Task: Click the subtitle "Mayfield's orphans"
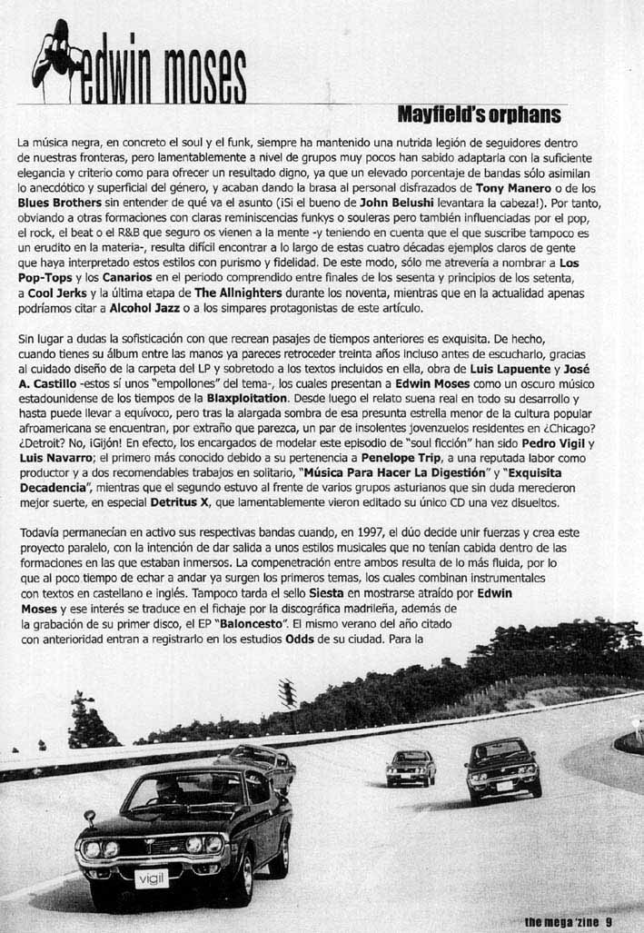479,115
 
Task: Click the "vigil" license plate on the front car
152,878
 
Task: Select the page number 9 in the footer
609,921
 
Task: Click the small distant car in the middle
411,768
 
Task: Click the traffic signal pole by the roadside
288,695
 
